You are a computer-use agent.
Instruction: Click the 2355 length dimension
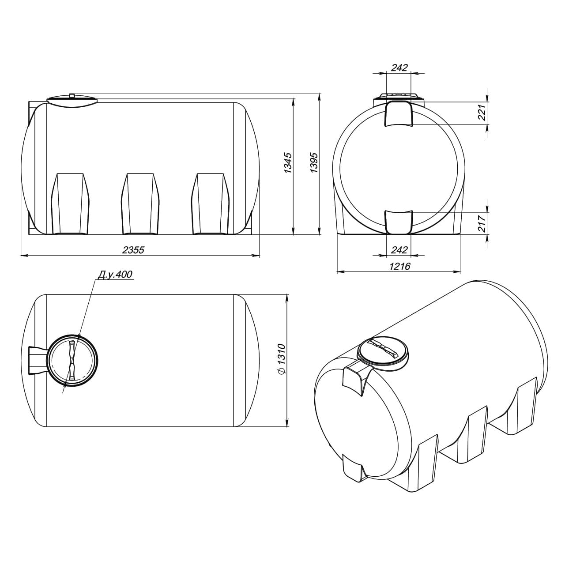[133, 250]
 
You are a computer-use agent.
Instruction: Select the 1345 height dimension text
[288, 163]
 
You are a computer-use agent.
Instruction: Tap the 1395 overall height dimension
[314, 162]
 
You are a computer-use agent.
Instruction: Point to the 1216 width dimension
[399, 266]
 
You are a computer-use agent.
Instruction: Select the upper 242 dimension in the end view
[399, 68]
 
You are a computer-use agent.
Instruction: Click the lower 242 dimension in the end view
[399, 250]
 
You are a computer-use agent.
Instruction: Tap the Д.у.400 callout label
[115, 274]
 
